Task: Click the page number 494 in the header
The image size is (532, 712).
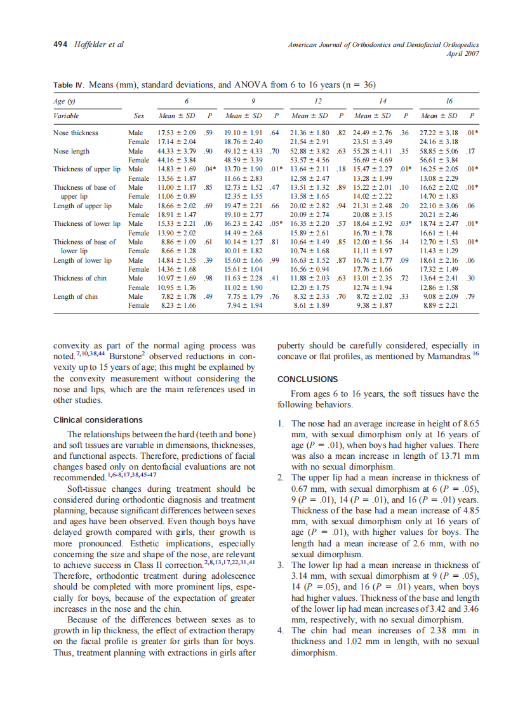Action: pyautogui.click(x=61, y=44)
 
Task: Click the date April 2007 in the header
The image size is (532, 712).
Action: pyautogui.click(x=462, y=53)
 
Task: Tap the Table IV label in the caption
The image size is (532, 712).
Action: pyautogui.click(x=69, y=84)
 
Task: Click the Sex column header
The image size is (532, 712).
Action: pyautogui.click(x=139, y=115)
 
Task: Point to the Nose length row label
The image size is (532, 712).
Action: pyautogui.click(x=72, y=152)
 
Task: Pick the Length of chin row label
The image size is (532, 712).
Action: pyautogui.click(x=76, y=296)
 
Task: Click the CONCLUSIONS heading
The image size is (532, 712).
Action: pyautogui.click(x=308, y=379)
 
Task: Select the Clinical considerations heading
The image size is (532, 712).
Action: pyautogui.click(x=98, y=420)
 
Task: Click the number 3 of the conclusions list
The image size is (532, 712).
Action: pyautogui.click(x=281, y=565)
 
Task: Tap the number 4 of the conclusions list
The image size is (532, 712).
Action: pyautogui.click(x=281, y=631)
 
